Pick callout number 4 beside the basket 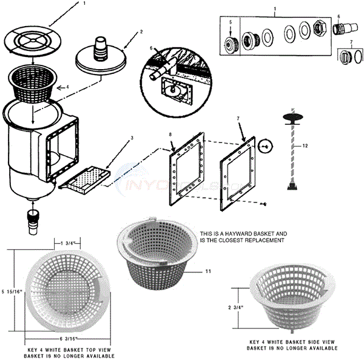point(67,87)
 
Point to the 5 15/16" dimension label point(11,292)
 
